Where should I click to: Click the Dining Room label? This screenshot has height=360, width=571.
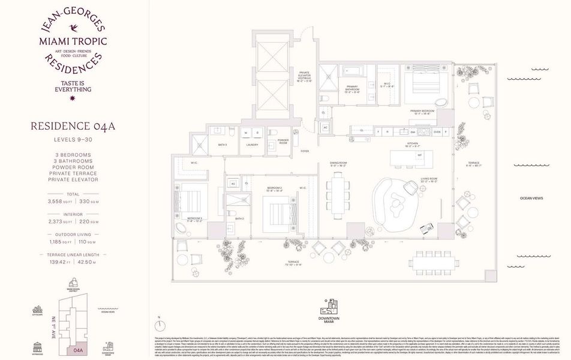point(339,163)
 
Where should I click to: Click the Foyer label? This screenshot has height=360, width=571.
point(305,151)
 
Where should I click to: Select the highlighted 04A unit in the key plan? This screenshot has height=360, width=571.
point(77,347)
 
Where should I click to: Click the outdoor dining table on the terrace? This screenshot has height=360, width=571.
point(434,262)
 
